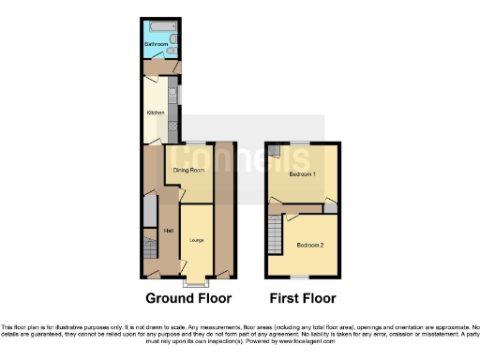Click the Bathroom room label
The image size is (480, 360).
click(x=156, y=44)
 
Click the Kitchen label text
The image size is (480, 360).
click(x=155, y=113)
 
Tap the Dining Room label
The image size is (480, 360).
click(x=189, y=170)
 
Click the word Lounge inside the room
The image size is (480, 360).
click(x=196, y=241)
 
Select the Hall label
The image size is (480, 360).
click(x=168, y=231)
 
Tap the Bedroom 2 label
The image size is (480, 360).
click(x=309, y=245)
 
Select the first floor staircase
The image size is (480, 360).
click(x=274, y=231)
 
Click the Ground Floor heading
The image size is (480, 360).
click(x=187, y=299)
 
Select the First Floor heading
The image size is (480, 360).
click(x=303, y=299)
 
